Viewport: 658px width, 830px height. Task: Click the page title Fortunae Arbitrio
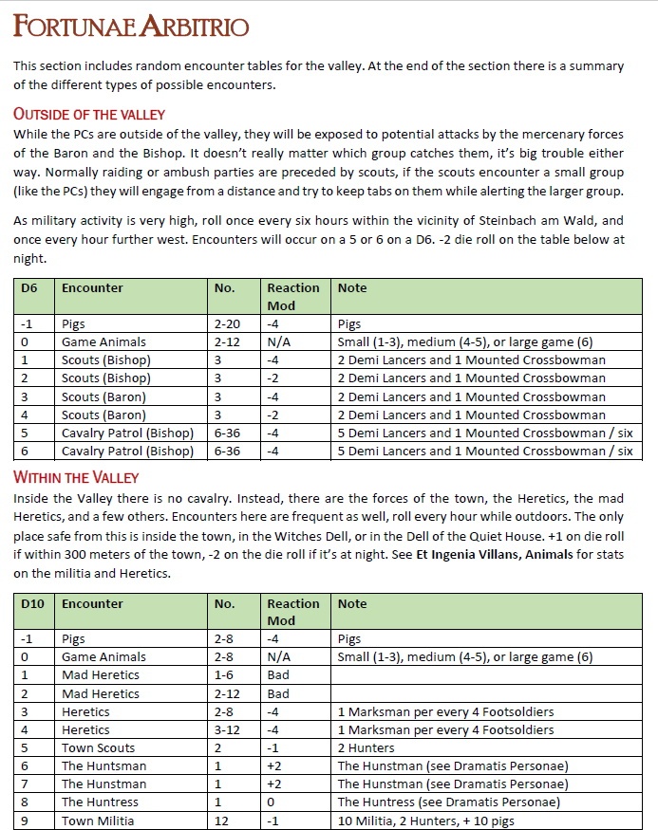click(x=131, y=27)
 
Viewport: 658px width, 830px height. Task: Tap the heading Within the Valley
click(x=76, y=477)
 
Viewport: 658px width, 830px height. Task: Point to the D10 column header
click(x=32, y=603)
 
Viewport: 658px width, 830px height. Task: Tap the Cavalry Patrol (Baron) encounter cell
click(x=125, y=433)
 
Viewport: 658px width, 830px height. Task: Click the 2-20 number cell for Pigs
click(x=227, y=323)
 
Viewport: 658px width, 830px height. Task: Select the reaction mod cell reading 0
click(x=271, y=802)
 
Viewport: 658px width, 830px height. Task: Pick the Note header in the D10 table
click(x=352, y=603)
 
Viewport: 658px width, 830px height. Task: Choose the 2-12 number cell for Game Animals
click(x=227, y=341)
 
